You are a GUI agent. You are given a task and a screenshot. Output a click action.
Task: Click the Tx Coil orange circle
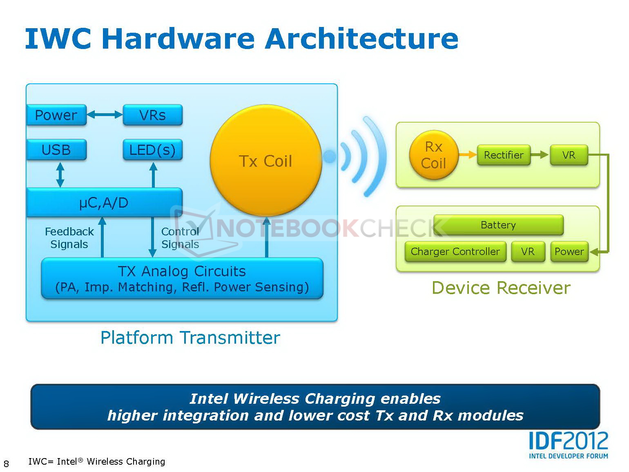coord(266,161)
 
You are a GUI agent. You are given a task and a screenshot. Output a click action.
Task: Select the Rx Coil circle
coord(433,155)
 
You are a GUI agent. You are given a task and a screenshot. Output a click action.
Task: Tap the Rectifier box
coord(504,155)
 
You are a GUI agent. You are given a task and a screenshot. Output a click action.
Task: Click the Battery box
coord(498,225)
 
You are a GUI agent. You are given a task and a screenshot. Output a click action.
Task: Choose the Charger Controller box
coord(455,251)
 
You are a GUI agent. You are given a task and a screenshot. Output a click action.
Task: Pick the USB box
coord(56,150)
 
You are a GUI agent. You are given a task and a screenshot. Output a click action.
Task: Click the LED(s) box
coord(152,150)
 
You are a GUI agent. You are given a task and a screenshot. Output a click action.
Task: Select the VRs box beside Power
coord(152,115)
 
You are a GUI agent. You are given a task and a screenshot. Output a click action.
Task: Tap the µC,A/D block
coord(104,202)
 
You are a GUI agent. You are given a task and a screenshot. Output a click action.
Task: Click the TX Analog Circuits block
coord(182,278)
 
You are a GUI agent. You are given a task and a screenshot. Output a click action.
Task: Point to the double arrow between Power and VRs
coord(105,115)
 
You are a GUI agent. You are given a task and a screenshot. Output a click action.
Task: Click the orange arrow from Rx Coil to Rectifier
coord(467,155)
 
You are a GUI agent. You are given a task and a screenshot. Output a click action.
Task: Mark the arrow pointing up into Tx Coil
coord(267,237)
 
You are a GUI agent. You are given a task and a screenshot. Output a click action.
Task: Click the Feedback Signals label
coord(69,238)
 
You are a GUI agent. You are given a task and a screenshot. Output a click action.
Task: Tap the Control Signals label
coord(180,238)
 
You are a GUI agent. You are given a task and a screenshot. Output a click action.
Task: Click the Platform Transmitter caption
coord(190,338)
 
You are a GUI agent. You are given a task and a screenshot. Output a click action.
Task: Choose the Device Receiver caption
coord(501,288)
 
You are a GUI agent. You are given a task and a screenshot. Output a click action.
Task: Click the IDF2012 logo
coord(568,445)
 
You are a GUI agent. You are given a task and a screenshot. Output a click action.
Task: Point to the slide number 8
coord(6,463)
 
